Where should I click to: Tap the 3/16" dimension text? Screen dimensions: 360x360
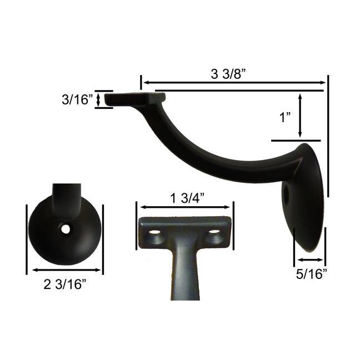point(77,100)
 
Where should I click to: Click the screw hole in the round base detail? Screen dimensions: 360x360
point(66,228)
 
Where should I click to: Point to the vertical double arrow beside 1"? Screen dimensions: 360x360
point(301,116)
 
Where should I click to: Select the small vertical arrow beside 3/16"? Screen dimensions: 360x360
point(99,100)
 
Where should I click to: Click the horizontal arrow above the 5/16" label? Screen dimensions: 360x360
point(310,259)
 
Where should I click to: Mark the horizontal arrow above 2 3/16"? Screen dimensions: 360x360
point(66,271)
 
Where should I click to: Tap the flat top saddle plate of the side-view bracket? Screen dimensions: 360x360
point(135,99)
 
